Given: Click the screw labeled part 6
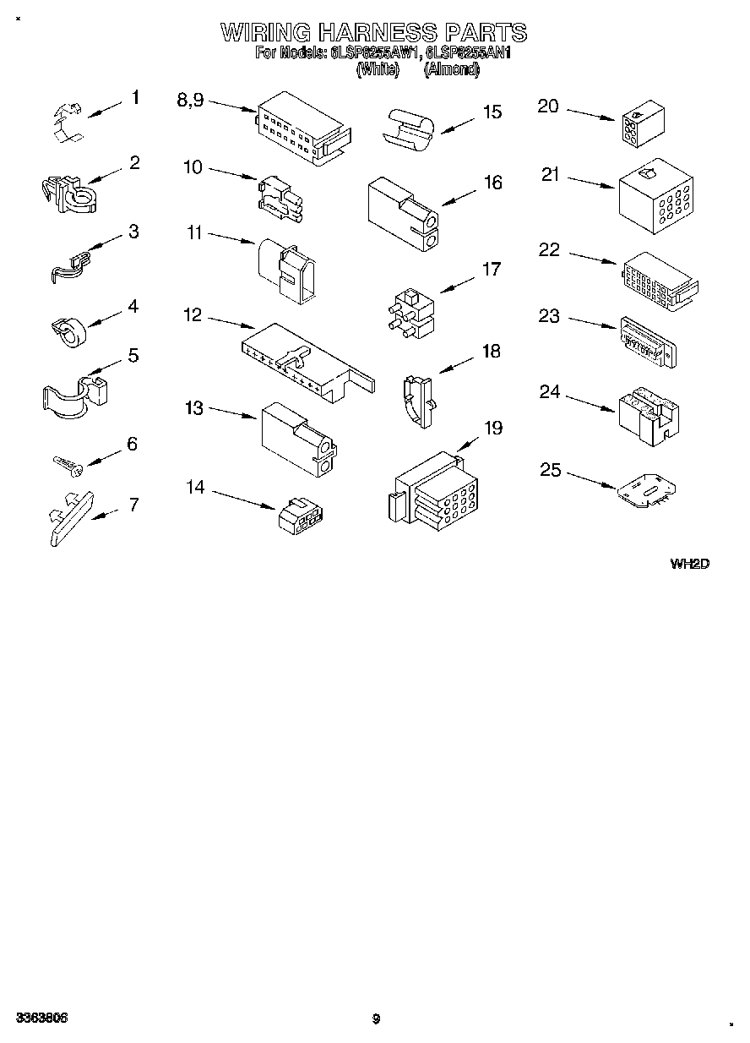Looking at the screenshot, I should point(65,463).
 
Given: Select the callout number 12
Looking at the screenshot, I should point(193,315).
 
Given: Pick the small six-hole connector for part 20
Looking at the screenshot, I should point(641,126).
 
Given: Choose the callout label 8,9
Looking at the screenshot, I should point(190,100).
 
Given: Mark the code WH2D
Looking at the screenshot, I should point(689,564).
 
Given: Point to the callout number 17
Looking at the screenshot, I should point(491,270).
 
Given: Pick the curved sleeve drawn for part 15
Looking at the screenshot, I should point(409,129).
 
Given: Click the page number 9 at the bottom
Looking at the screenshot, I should point(377,1018).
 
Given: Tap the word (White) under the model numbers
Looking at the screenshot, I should point(377,70).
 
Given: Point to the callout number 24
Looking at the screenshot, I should point(550,391).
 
